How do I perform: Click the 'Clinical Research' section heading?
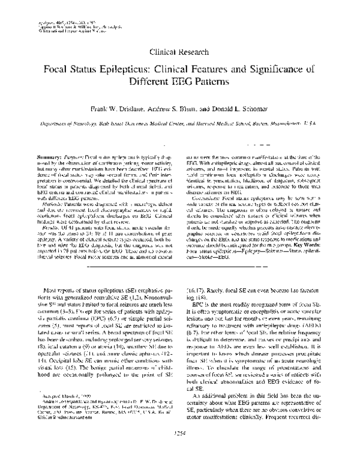click(179, 52)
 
